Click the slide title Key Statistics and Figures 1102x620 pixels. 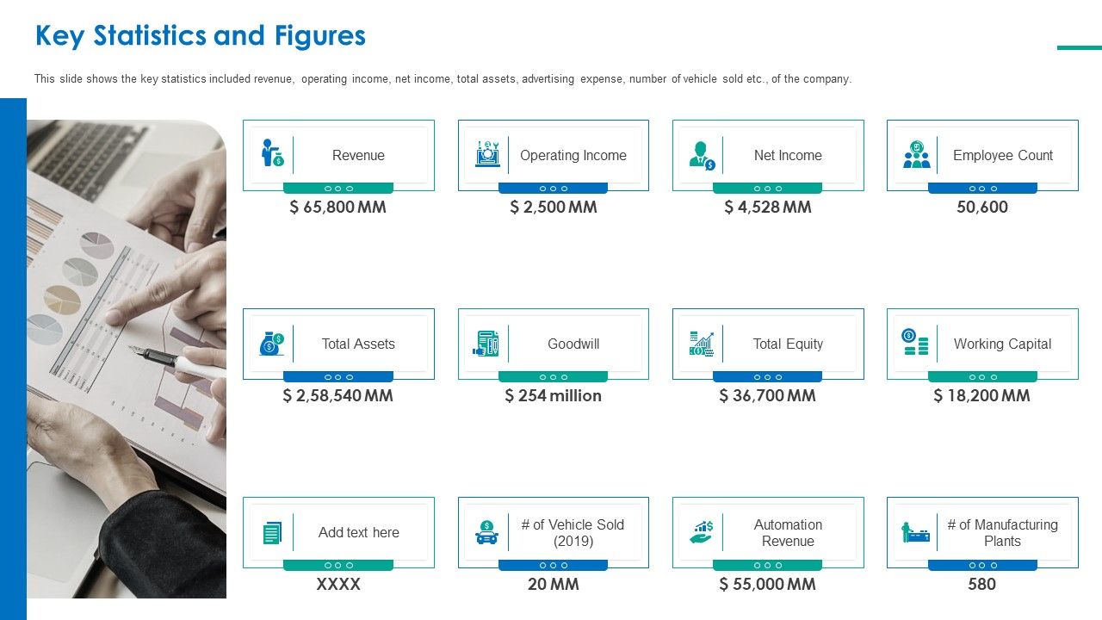(x=200, y=36)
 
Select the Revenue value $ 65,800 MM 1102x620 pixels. (x=337, y=208)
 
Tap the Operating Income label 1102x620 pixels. (x=573, y=156)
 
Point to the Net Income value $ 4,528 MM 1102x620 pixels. (x=767, y=208)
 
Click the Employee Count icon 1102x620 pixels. (x=916, y=155)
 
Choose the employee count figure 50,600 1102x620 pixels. (x=981, y=208)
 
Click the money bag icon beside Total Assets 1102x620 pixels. (x=271, y=344)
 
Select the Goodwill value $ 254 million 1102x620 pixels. (x=553, y=396)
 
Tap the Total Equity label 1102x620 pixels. (x=788, y=344)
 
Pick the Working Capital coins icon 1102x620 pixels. (x=915, y=342)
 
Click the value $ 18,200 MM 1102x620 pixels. (x=981, y=396)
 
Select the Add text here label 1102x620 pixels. (x=358, y=532)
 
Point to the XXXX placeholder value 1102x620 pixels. (x=337, y=585)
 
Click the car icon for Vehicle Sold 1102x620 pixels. (x=486, y=532)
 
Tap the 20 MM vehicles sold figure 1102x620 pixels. (x=553, y=585)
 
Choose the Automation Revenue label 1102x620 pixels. (x=788, y=532)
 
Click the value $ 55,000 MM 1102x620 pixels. (x=767, y=585)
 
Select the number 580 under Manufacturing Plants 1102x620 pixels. (x=981, y=585)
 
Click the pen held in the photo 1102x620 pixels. (x=172, y=361)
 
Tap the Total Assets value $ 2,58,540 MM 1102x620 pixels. (x=337, y=396)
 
